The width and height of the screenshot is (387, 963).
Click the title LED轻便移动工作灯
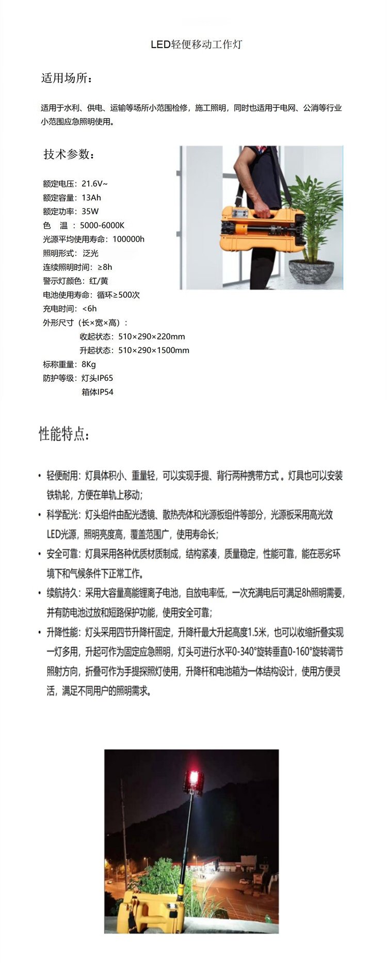click(196, 44)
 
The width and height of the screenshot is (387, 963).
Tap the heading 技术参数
click(68, 154)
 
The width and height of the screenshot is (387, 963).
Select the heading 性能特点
click(64, 434)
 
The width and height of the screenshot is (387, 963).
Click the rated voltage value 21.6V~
click(94, 184)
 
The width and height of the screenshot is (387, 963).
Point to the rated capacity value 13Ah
click(91, 198)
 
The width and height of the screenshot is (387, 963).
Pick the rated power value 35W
click(90, 212)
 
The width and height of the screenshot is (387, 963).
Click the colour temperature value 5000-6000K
click(102, 226)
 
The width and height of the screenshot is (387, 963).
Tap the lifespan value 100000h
click(128, 239)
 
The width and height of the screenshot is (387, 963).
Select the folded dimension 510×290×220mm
click(152, 336)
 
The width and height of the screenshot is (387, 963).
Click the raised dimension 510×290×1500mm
click(154, 350)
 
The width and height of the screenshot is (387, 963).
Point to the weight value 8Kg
click(89, 364)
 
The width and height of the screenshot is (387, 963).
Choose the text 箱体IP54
click(98, 392)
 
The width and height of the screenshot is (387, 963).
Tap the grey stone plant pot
click(311, 271)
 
